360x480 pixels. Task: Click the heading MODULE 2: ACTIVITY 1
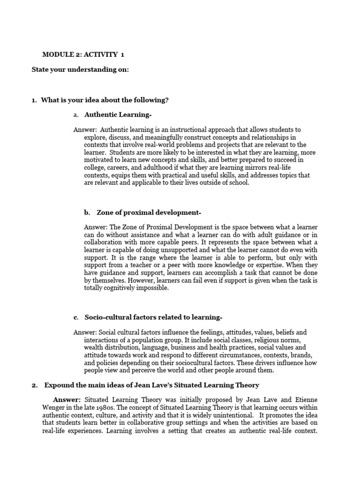click(83, 54)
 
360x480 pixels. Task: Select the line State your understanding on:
click(80, 70)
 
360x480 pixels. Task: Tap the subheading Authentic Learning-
click(118, 114)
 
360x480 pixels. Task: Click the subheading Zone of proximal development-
click(136, 212)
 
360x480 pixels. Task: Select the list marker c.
click(76, 317)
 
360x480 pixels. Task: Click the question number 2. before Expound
click(35, 385)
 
